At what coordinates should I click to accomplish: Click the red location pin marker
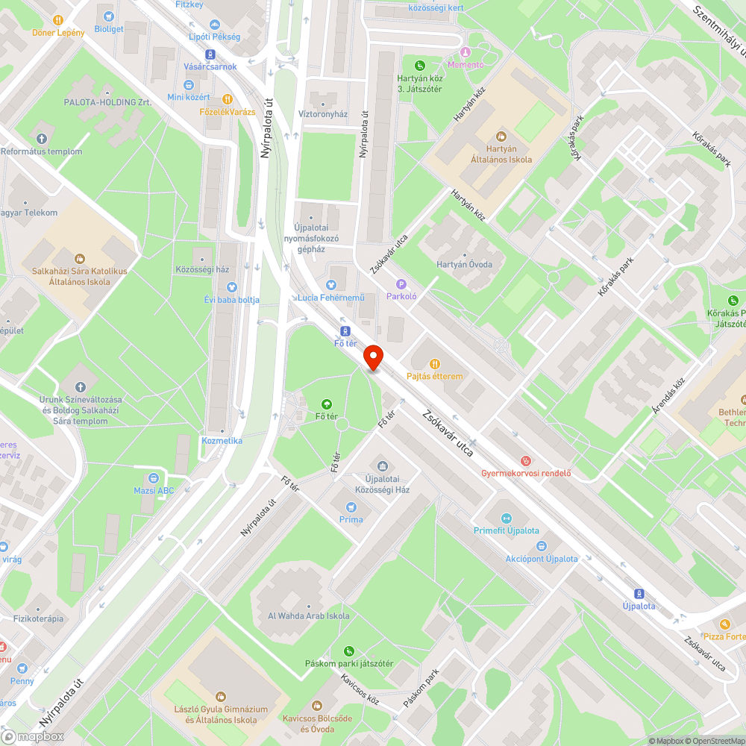click(x=373, y=357)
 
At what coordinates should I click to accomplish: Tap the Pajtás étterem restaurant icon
click(x=435, y=364)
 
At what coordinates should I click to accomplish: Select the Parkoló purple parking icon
click(x=401, y=283)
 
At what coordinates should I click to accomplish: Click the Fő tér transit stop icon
click(x=345, y=330)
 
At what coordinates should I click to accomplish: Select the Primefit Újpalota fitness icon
click(x=506, y=518)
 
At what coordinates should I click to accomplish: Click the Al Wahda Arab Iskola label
click(x=308, y=616)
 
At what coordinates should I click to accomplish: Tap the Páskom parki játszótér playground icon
click(x=348, y=651)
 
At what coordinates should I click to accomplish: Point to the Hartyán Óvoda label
click(x=464, y=264)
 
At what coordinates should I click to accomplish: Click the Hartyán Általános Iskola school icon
click(x=501, y=137)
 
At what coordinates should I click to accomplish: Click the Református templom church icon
click(x=41, y=139)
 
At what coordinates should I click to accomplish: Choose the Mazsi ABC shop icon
click(x=153, y=478)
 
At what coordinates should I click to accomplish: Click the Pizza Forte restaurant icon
click(x=724, y=624)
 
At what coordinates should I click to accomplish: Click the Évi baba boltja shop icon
click(x=231, y=286)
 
